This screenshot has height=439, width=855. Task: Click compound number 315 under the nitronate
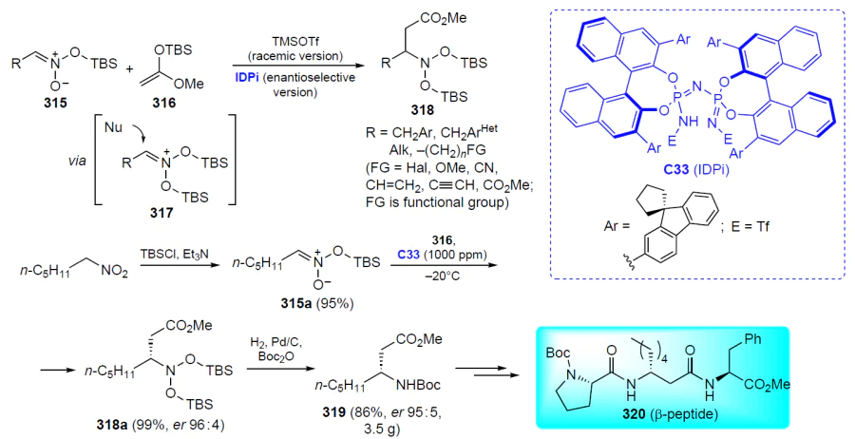[55, 102]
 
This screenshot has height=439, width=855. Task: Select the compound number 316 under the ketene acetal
[163, 102]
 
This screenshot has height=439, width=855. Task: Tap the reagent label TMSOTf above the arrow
[295, 42]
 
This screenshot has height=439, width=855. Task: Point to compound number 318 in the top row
[423, 110]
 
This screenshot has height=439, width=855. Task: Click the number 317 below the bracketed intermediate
[161, 212]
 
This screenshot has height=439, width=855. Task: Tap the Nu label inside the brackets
[113, 127]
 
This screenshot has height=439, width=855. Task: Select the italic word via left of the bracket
[76, 162]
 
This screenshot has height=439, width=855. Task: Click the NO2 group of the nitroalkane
[114, 270]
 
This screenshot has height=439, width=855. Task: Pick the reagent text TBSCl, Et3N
[175, 254]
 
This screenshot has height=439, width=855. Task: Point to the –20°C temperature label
[441, 276]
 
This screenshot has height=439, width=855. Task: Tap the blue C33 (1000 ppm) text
[442, 254]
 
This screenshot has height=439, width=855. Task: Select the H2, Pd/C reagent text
[275, 342]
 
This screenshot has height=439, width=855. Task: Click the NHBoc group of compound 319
[419, 385]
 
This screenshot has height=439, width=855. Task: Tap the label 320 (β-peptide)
[670, 414]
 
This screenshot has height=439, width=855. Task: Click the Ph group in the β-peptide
[753, 339]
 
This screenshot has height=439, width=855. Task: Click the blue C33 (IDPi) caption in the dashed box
[695, 169]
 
